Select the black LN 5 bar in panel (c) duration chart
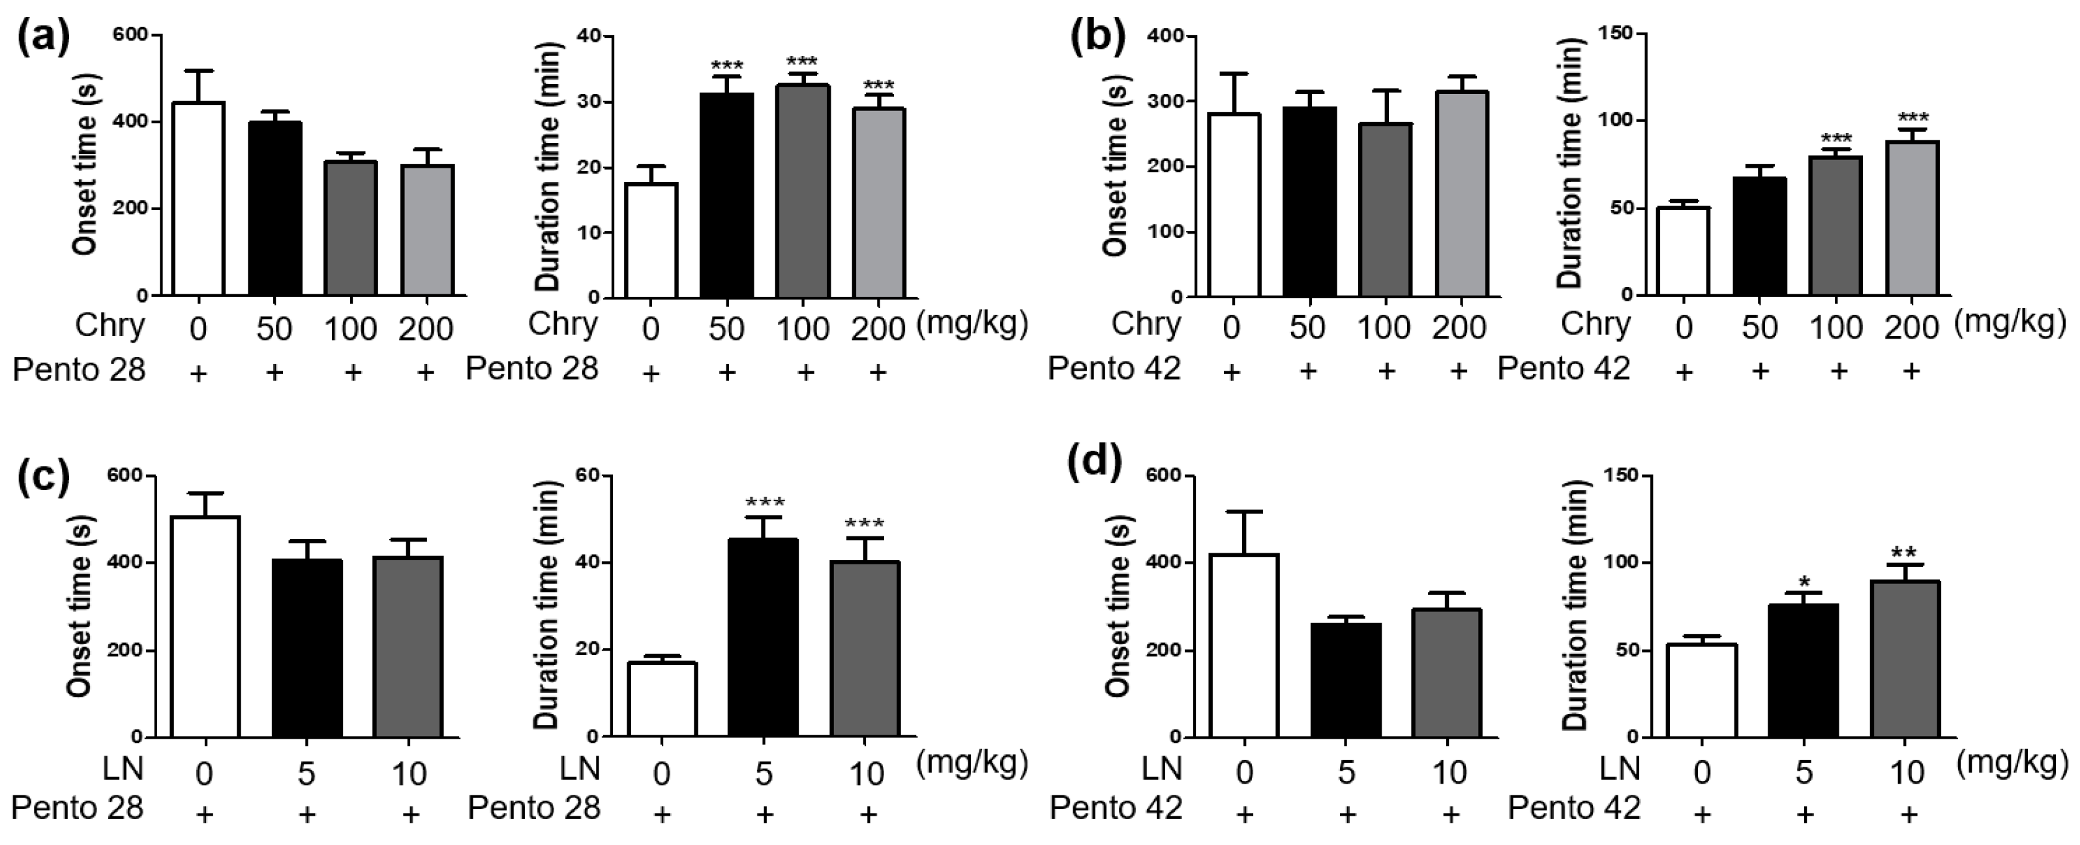coord(763,638)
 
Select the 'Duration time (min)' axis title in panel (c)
coord(548,606)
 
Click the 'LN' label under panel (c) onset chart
coord(123,768)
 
